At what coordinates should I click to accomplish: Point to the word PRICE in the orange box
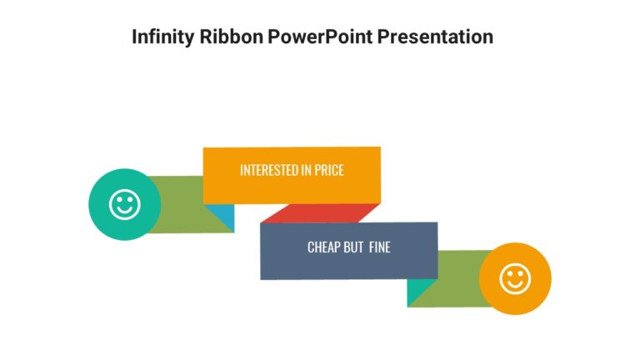328,170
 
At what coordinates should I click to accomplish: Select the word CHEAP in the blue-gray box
325,247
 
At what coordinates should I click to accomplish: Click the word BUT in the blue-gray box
353,247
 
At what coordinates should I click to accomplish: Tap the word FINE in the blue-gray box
379,247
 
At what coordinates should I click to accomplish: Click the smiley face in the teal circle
124,203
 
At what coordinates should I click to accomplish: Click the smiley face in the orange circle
515,278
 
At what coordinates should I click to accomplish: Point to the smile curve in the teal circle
124,211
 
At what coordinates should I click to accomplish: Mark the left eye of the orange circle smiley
509,273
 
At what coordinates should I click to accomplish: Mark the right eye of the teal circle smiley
130,198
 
